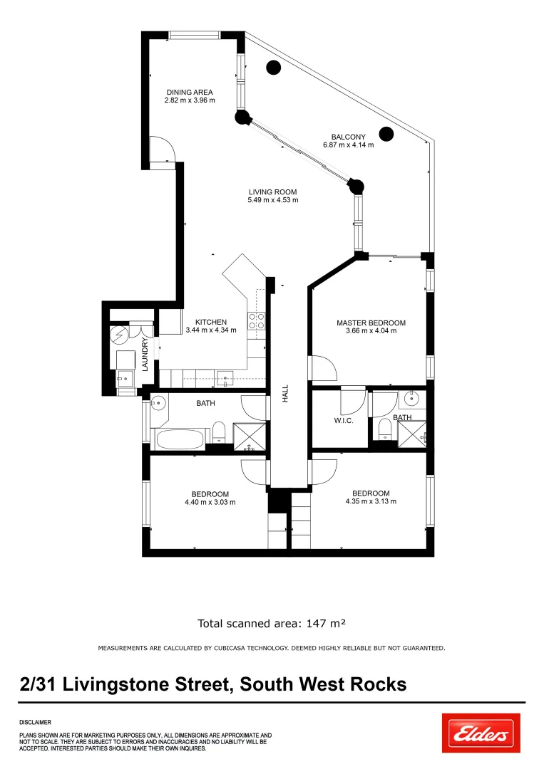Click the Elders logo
(x=481, y=733)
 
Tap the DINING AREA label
(x=190, y=92)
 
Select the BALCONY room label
(x=348, y=137)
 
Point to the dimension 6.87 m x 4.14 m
(x=348, y=145)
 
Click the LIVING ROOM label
(x=272, y=192)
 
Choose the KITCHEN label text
(x=205, y=322)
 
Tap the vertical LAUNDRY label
(x=145, y=354)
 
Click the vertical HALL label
(x=285, y=394)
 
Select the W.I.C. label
(x=344, y=420)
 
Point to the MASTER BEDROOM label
(x=371, y=323)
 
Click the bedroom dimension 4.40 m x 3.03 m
(x=210, y=502)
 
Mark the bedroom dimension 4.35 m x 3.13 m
(x=371, y=501)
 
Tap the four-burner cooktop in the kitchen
(x=256, y=321)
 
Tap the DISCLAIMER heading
(x=35, y=721)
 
